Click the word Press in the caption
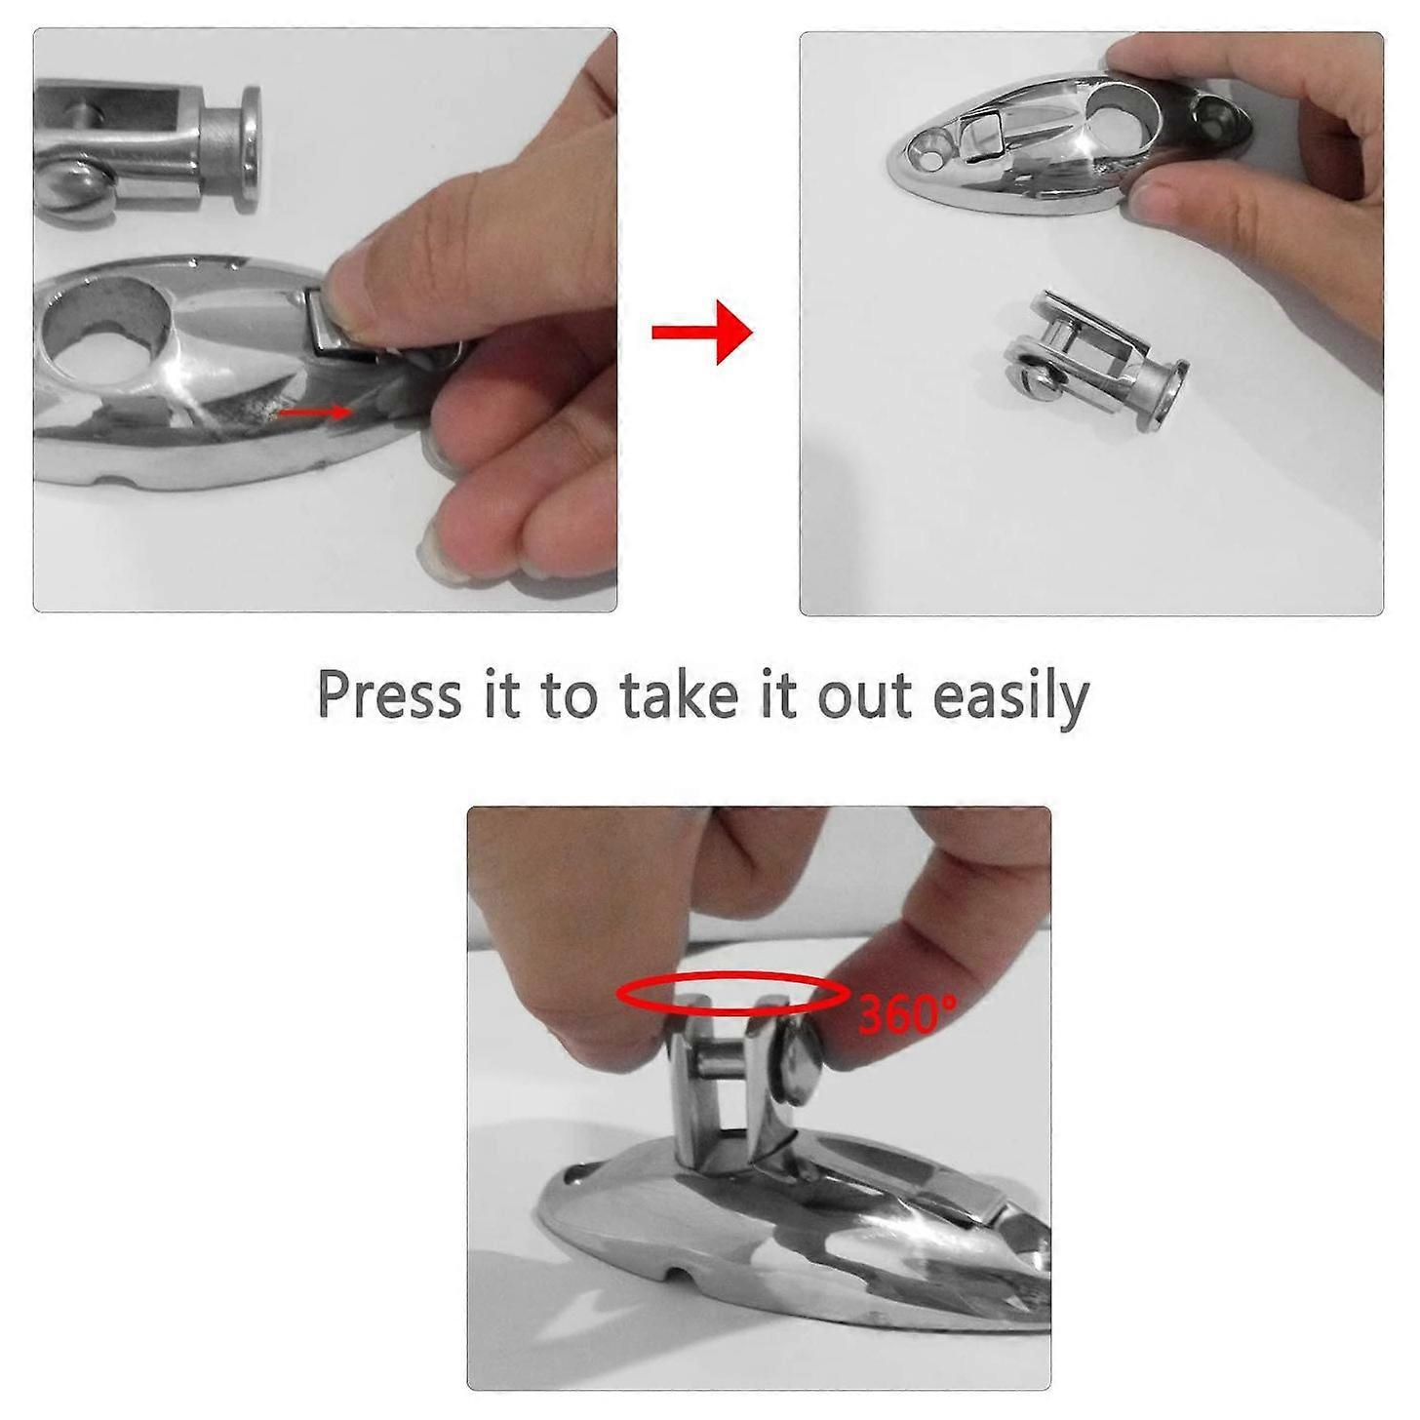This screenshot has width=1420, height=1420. click(389, 696)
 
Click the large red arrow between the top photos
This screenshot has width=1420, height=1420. click(701, 333)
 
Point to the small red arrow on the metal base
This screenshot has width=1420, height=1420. click(314, 413)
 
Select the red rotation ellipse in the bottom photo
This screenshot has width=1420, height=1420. click(732, 994)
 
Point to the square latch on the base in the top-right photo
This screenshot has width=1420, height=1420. click(982, 135)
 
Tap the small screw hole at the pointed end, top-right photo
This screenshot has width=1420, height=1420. click(924, 152)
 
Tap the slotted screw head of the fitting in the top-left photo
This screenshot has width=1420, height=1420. click(71, 182)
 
